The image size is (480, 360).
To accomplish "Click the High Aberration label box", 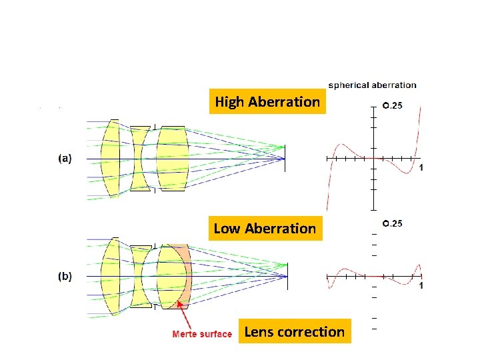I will pos(267,102).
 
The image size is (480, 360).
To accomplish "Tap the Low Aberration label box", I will pos(265,229).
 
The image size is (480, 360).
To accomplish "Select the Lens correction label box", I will pos(295,332).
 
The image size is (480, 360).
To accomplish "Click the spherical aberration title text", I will pos(372,85).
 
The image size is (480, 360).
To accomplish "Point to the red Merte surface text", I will pos(202,334).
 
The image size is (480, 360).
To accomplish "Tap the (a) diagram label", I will pos(65,159).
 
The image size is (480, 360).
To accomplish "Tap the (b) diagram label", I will pos(65,275).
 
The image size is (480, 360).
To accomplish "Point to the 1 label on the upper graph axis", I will pos(421,168).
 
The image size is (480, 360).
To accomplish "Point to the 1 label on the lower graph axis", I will pos(421,285).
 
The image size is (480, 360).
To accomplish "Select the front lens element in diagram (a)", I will pos(111,159).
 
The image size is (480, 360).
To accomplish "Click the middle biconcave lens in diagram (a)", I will pos(139,159).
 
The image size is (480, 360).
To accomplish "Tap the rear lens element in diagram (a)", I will pos(172,159).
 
